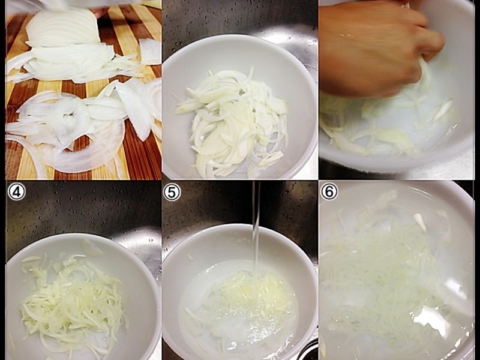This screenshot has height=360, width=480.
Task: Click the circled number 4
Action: tap(17, 192)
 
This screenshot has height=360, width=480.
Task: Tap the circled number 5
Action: tap(172, 192)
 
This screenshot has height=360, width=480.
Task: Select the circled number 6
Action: tap(329, 191)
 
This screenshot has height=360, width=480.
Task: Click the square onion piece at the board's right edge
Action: tap(151, 52)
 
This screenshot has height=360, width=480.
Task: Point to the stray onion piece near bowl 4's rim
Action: tap(92, 247)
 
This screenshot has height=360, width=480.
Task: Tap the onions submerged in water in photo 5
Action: tap(242, 303)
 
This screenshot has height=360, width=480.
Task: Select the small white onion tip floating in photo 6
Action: tap(421, 221)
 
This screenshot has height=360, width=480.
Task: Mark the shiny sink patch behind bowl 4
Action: tap(138, 245)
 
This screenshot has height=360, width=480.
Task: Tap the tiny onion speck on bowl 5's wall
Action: tap(190, 257)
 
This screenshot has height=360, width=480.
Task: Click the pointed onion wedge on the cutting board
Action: tap(134, 110)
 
